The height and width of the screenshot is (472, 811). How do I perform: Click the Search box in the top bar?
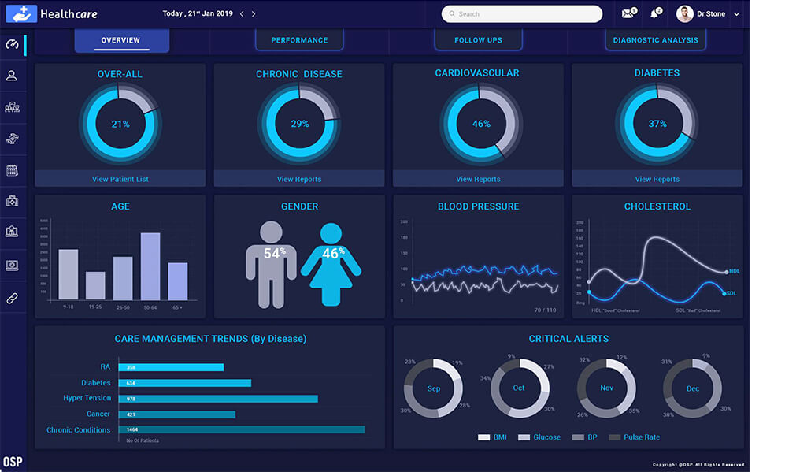pos(521,14)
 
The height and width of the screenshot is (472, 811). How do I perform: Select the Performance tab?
pos(299,40)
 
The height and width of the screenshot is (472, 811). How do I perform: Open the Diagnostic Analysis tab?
pos(655,40)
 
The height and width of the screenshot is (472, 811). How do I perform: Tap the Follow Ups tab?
pos(478,40)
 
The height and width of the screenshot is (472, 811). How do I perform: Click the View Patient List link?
pos(120,179)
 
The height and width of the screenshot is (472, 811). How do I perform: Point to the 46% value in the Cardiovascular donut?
pos(481,124)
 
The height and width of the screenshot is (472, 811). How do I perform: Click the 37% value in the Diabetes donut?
pos(657,124)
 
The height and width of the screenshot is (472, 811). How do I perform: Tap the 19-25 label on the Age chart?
pos(95,307)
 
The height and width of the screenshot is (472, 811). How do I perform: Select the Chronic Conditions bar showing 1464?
pos(242,429)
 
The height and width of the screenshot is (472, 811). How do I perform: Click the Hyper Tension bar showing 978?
pos(218,399)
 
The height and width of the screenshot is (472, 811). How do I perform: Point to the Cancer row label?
pos(98,414)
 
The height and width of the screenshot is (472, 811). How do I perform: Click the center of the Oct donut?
pos(519,388)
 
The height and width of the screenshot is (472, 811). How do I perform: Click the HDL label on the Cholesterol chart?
pos(735,271)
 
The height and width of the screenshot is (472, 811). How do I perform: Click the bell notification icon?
pos(654,14)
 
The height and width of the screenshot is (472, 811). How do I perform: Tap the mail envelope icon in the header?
pos(628,14)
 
